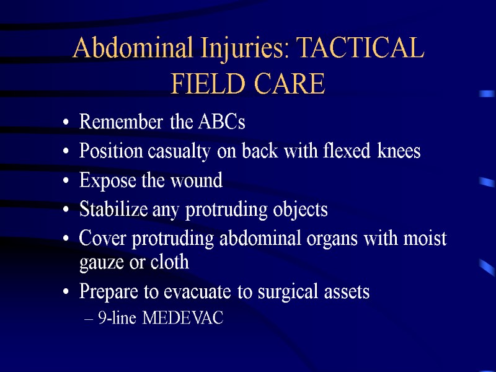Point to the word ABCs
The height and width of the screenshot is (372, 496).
221,123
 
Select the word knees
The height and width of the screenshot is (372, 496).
398,151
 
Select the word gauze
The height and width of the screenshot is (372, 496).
100,263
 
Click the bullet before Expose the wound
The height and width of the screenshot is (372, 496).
66,182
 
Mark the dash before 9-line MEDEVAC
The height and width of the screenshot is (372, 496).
87,319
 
